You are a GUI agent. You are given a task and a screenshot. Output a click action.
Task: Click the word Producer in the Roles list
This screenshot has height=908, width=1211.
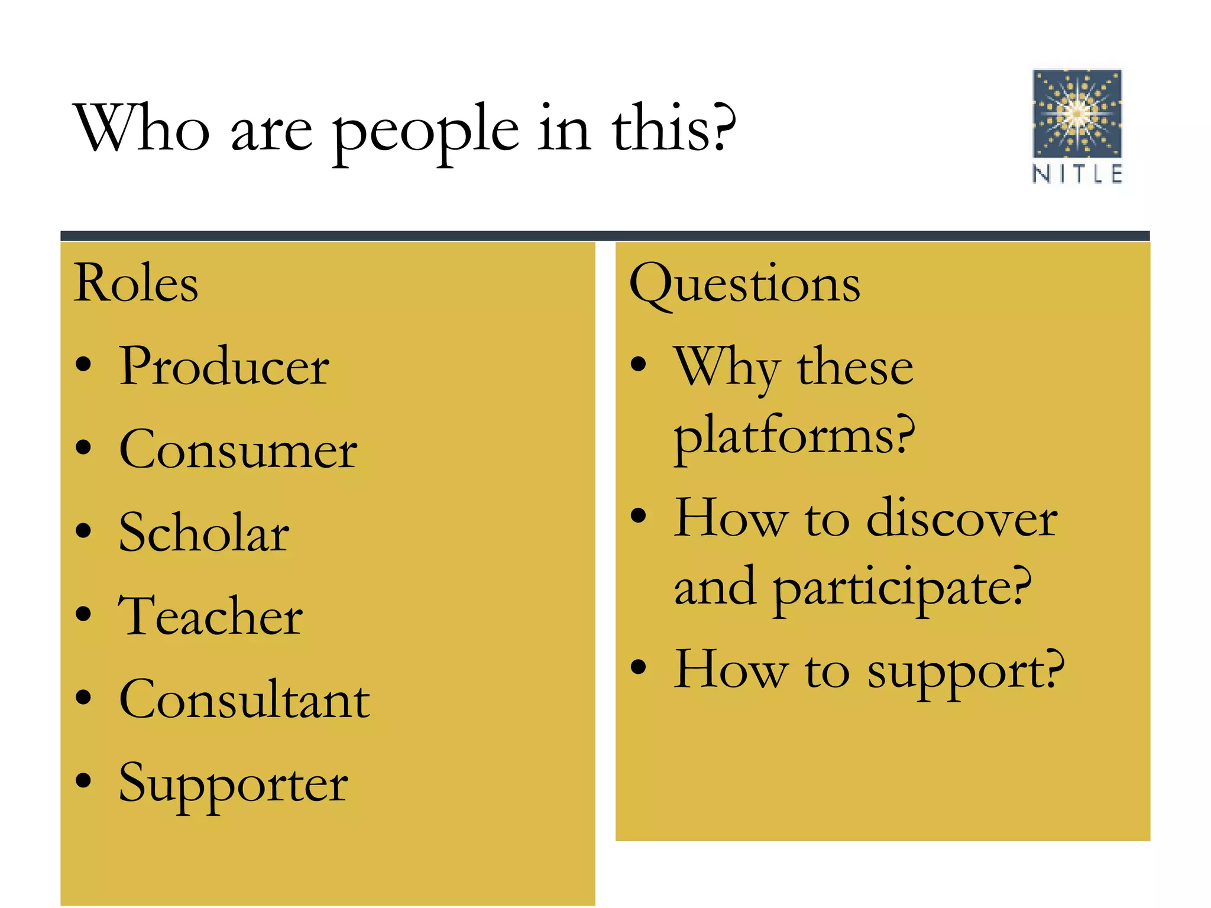coord(224,367)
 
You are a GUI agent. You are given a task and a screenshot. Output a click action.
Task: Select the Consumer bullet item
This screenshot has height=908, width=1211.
coord(238,450)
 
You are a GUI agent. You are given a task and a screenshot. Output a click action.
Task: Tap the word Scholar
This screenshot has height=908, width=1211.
coord(204,533)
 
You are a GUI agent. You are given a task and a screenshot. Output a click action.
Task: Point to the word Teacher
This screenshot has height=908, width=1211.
coord(211,616)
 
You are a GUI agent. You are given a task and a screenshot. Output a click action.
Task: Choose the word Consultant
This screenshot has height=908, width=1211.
coord(244,699)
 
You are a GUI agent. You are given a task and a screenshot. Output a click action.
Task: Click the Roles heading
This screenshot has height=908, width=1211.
coord(136,284)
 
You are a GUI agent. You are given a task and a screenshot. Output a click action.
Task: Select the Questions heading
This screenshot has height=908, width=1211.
coord(744,284)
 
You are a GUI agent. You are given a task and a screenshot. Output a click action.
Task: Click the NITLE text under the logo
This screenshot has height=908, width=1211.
coord(1077,174)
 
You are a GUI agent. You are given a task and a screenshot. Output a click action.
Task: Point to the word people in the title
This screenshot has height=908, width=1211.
coord(426,131)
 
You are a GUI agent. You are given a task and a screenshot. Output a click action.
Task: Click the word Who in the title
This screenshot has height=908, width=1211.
coord(142,129)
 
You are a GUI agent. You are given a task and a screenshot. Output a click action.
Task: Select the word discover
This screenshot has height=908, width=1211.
coord(961,519)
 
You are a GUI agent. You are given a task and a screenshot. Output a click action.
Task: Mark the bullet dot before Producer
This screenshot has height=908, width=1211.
coord(84,365)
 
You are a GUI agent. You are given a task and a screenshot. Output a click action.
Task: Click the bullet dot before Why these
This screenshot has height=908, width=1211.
coord(638,364)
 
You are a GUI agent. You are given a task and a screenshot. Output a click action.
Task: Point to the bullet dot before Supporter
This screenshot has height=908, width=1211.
coord(84,780)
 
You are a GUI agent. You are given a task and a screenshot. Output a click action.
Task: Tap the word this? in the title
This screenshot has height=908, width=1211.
coord(674,129)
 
